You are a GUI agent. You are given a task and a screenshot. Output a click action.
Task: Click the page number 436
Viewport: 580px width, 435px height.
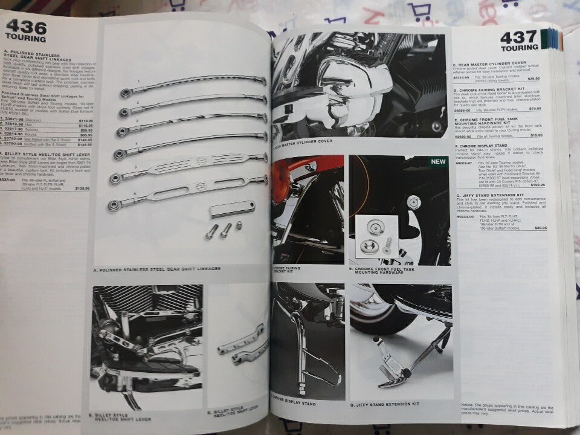tap(25, 27)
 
